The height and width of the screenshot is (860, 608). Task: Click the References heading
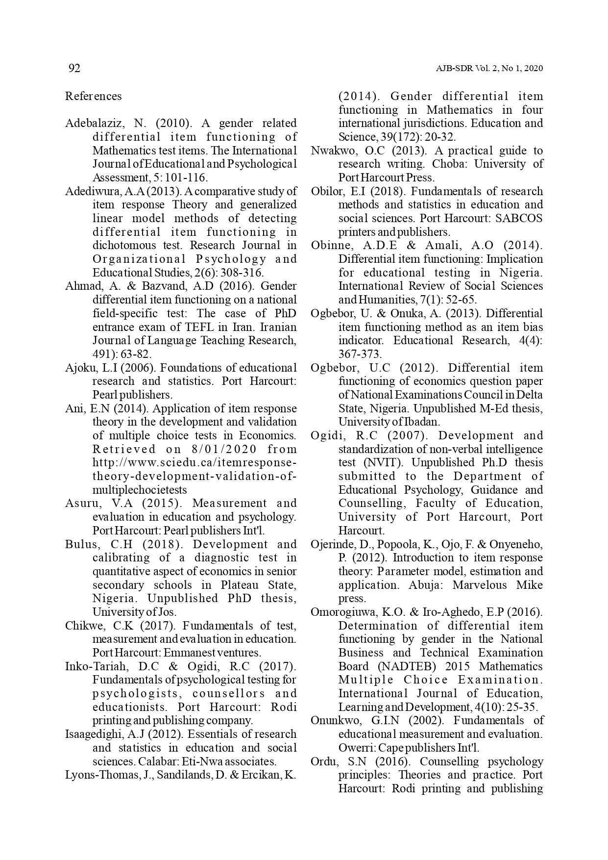[93, 96]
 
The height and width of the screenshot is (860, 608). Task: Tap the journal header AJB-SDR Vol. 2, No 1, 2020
[489, 69]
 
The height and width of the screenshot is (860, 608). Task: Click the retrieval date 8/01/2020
[220, 449]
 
